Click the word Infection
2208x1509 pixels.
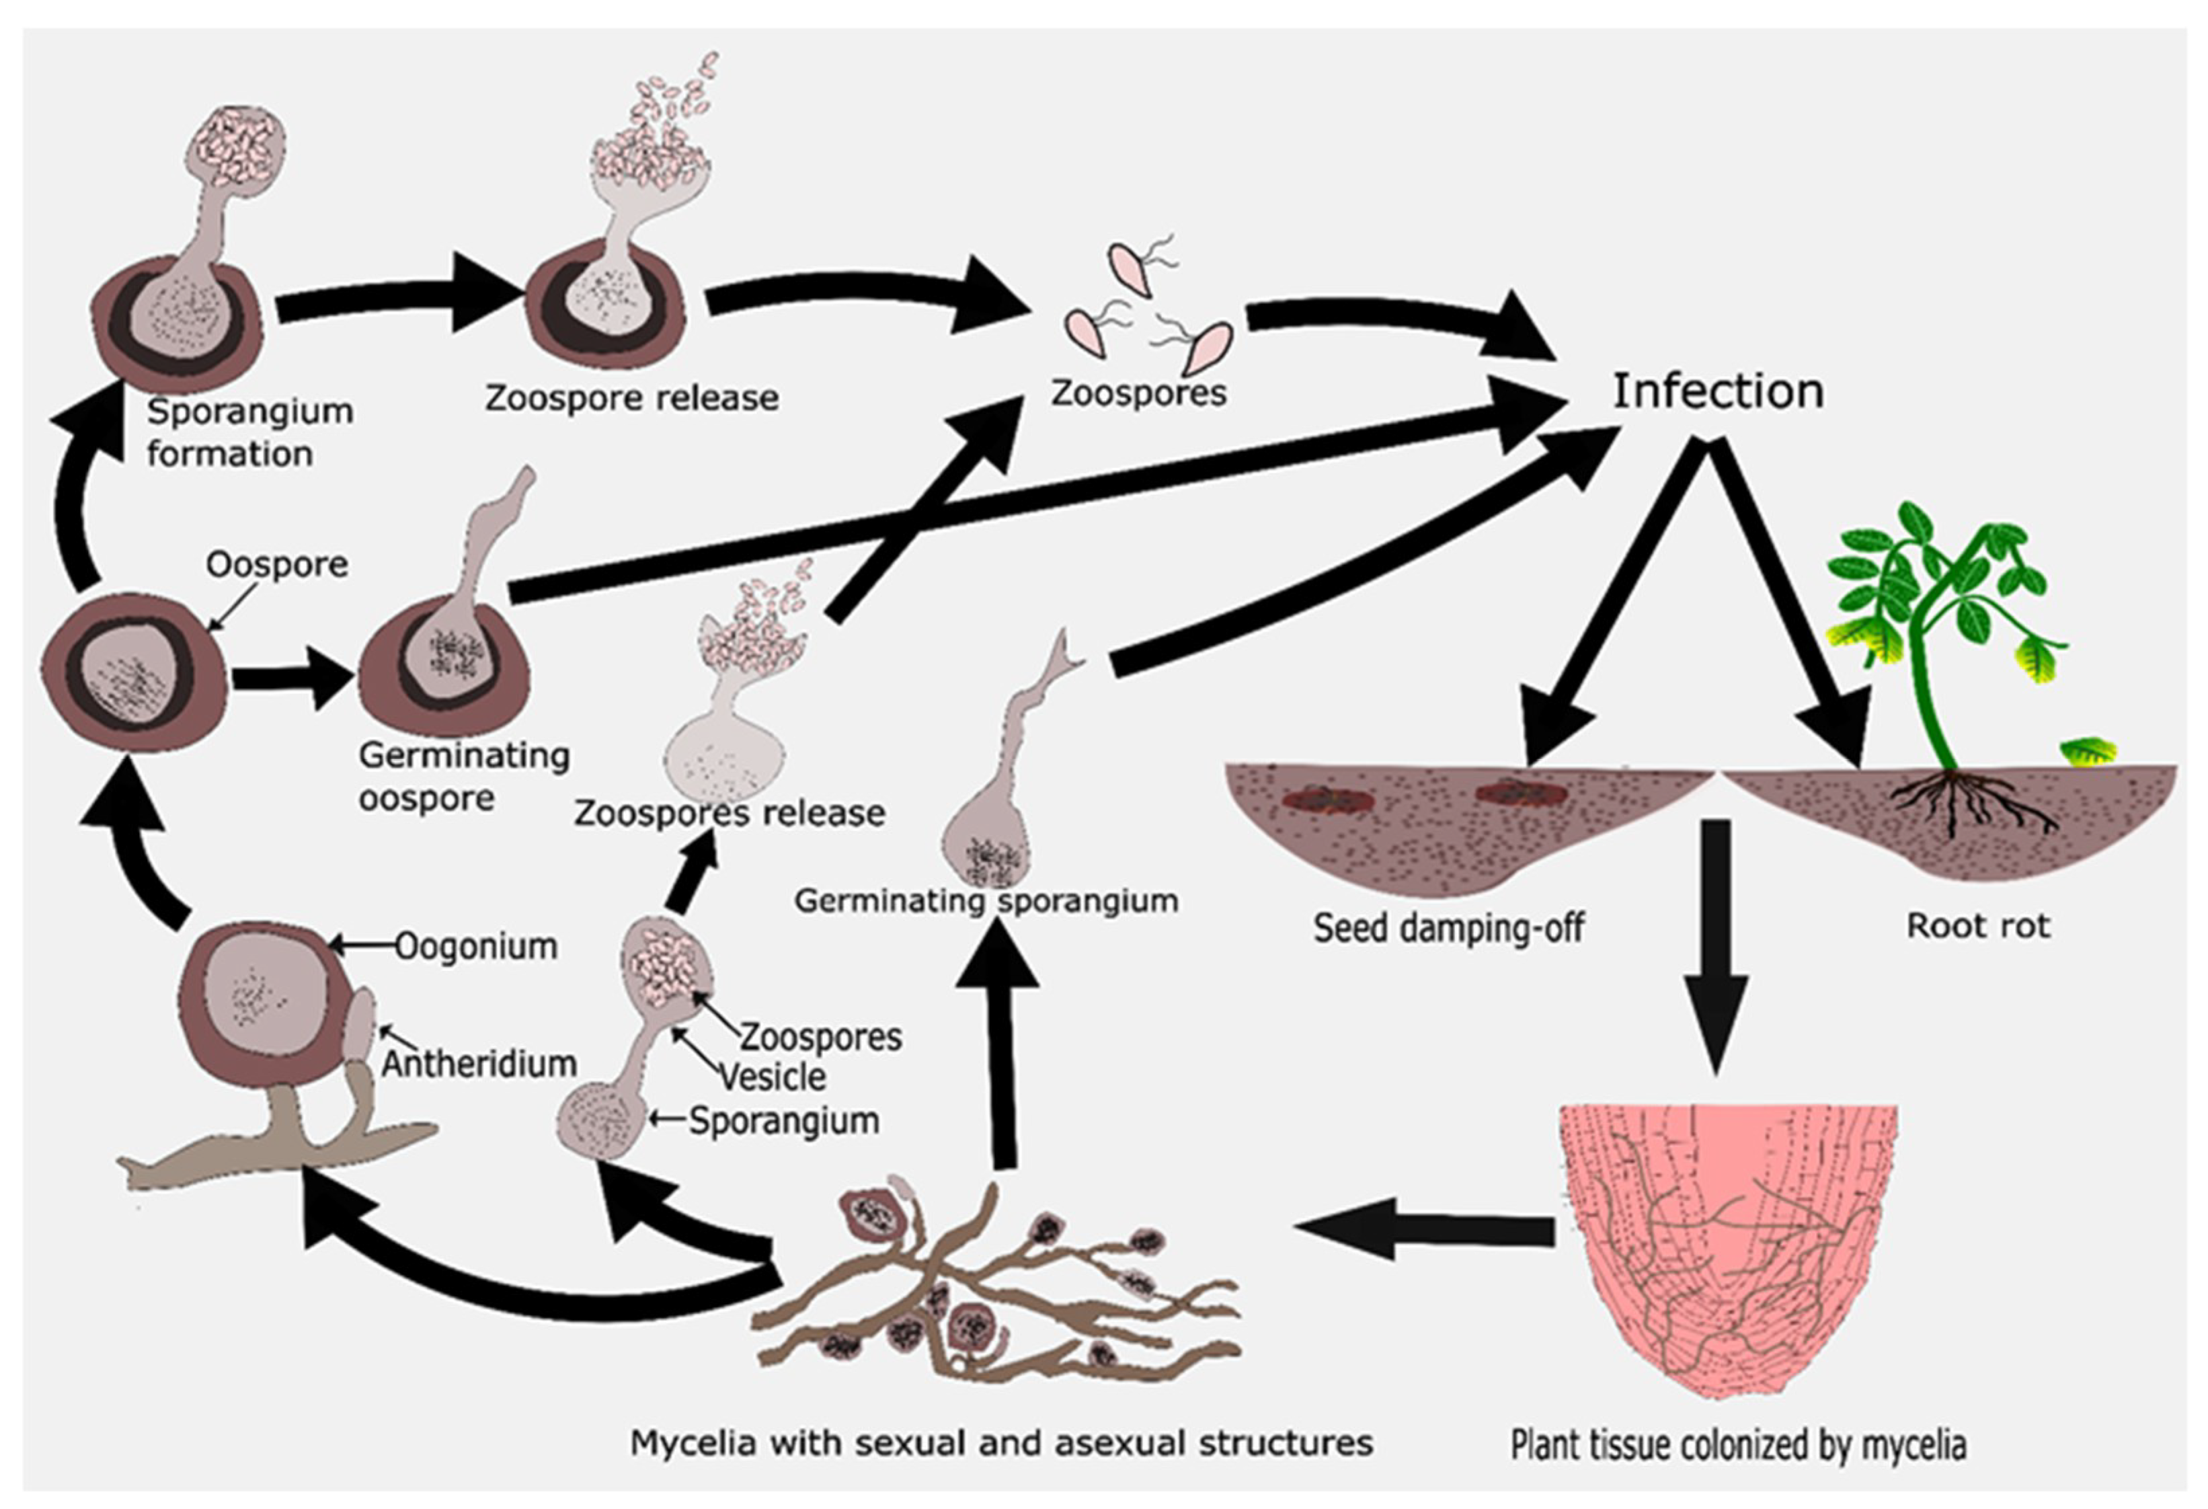coord(1718,391)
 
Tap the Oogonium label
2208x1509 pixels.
coord(476,946)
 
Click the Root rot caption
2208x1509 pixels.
coord(1978,925)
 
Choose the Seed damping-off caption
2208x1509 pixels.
coord(1449,927)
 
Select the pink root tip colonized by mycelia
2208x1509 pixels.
coord(1727,1245)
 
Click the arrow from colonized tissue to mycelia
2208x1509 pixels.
coord(1425,1231)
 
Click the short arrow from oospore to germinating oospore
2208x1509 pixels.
coord(290,679)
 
